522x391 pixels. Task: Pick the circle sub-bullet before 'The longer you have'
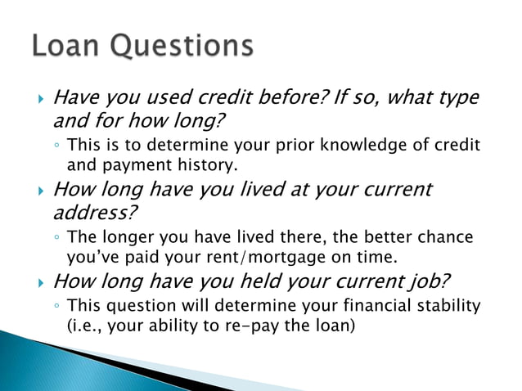click(x=56, y=238)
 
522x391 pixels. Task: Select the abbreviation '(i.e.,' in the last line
click(x=84, y=324)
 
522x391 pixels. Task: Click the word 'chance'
click(x=445, y=237)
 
